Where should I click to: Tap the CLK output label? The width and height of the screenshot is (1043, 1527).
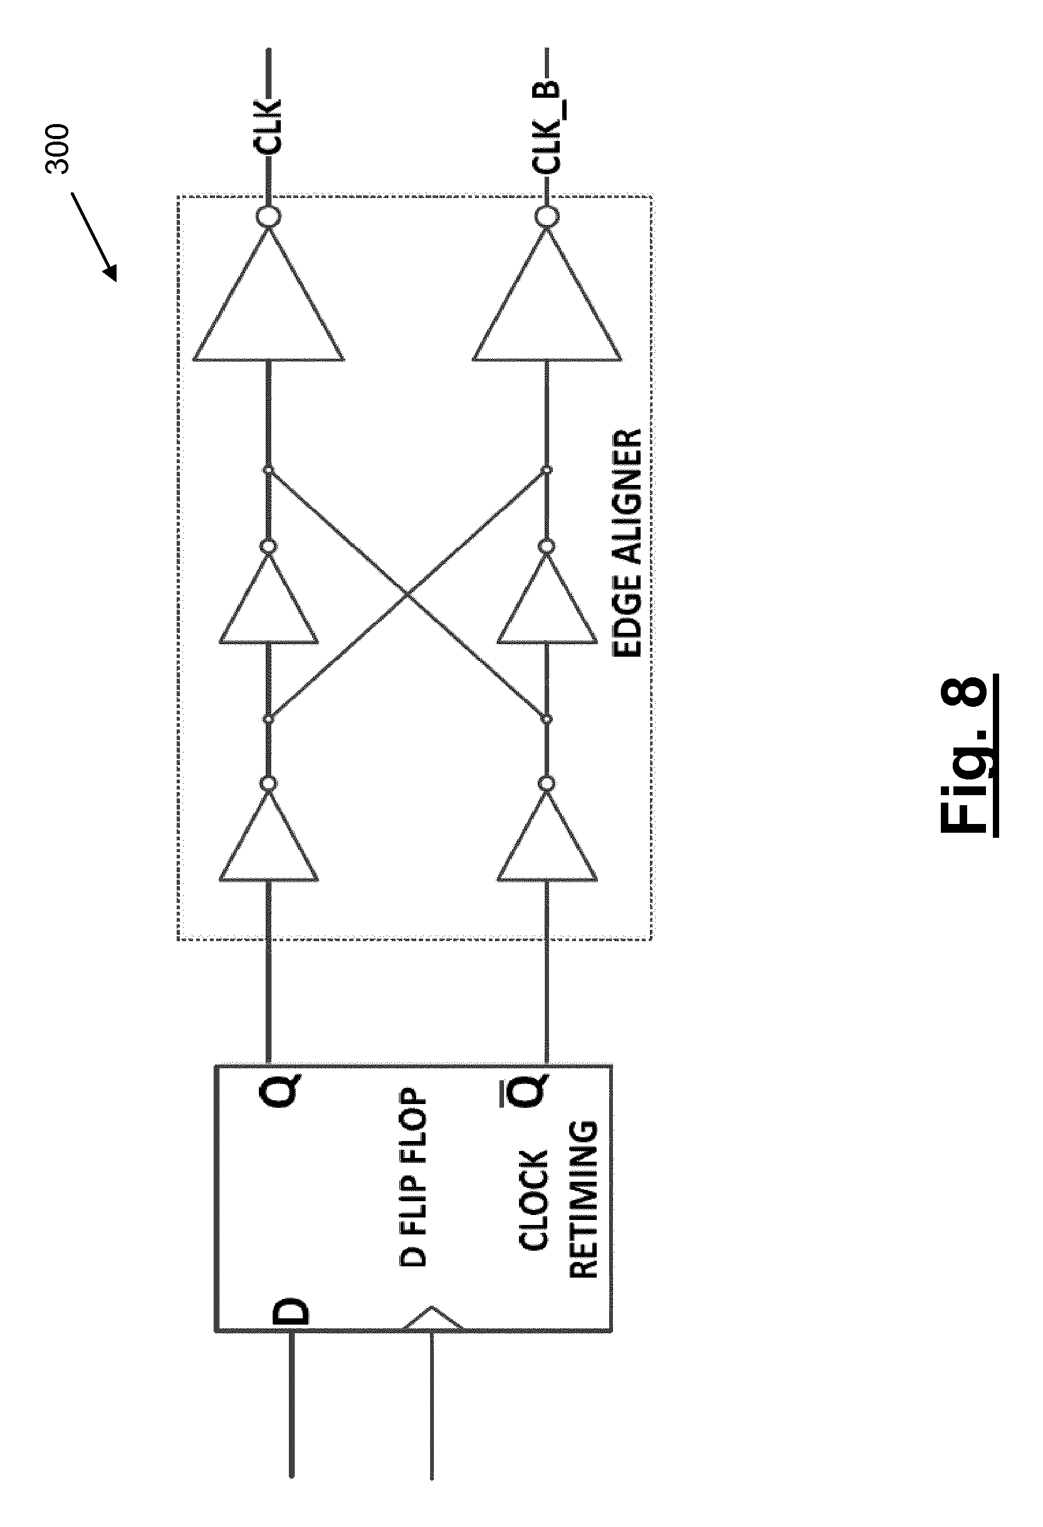click(x=268, y=127)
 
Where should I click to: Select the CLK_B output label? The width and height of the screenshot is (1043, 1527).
click(x=547, y=129)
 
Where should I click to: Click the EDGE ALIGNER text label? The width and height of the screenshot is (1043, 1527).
click(x=626, y=543)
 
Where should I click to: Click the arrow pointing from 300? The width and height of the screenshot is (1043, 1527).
click(x=94, y=237)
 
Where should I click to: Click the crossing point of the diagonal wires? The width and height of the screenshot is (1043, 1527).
click(x=408, y=595)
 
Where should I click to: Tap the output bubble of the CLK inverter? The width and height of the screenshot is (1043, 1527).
click(x=269, y=216)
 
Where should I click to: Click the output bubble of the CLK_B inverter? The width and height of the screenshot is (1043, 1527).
click(x=547, y=216)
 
